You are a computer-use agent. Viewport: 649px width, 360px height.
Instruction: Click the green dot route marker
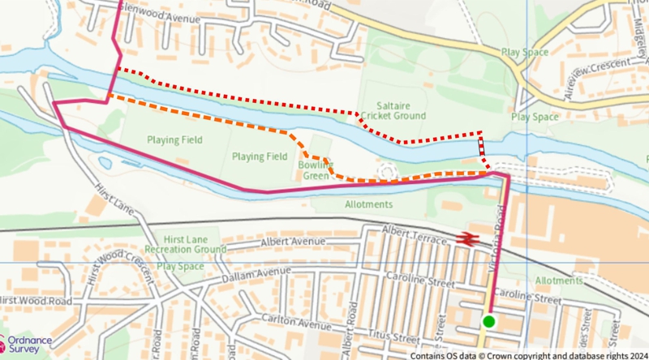click(488, 322)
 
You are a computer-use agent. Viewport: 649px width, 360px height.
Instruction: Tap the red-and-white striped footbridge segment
click(482, 146)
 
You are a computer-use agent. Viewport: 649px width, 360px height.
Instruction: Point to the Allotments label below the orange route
click(368, 205)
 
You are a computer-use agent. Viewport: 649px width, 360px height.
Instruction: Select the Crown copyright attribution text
click(527, 354)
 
